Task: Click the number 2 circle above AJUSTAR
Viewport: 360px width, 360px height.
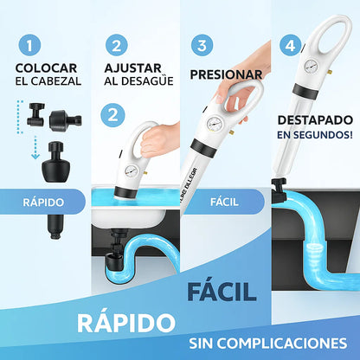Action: coord(116,45)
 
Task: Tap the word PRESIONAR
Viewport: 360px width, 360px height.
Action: coord(225,74)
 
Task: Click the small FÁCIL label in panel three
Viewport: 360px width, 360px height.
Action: coord(224,202)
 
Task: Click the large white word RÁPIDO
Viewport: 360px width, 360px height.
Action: coord(125,322)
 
